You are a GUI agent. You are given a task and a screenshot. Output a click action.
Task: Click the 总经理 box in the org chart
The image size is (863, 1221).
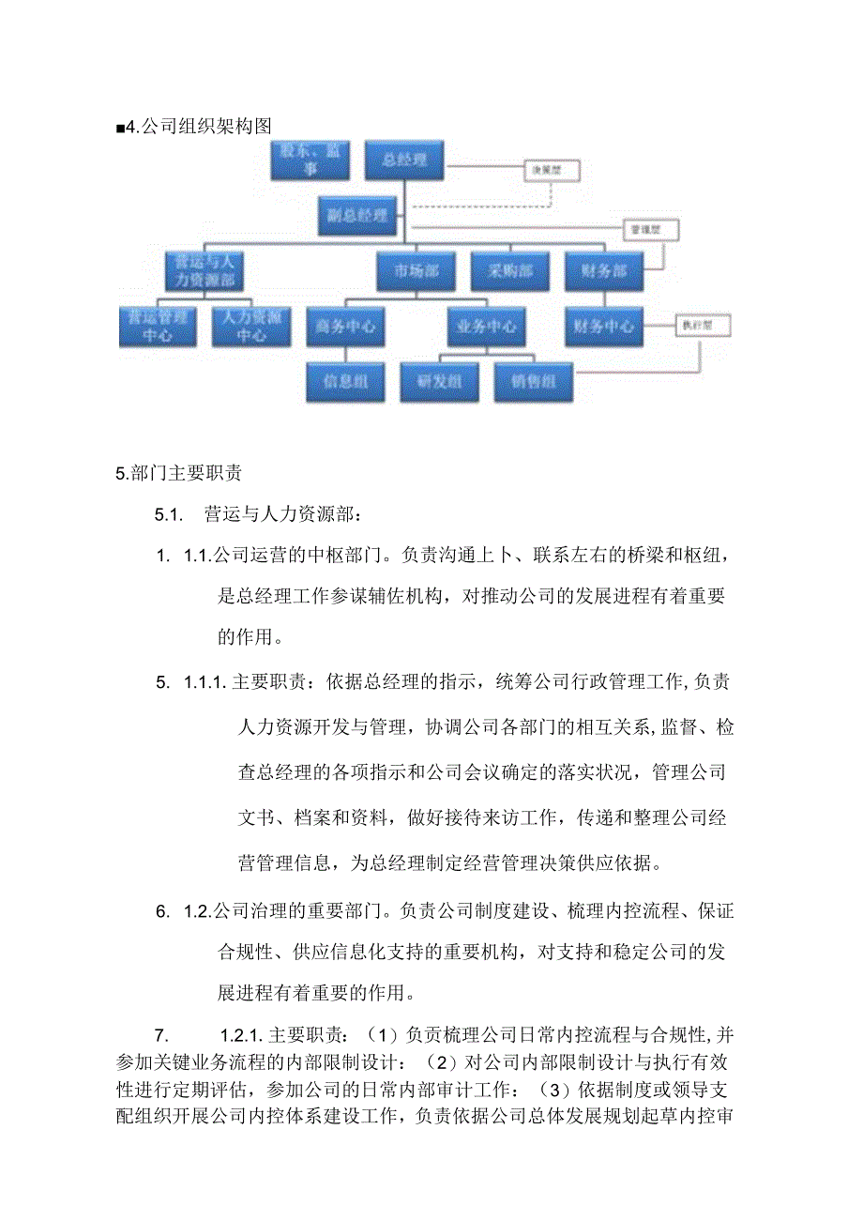(x=404, y=160)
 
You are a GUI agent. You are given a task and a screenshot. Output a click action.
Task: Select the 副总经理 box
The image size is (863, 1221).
(x=358, y=216)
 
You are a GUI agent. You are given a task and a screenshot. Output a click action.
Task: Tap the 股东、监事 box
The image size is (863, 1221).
(x=310, y=160)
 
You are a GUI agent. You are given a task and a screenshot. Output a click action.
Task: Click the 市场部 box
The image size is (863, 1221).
(x=416, y=272)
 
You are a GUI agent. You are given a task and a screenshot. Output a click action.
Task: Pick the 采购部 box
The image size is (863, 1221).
(x=509, y=272)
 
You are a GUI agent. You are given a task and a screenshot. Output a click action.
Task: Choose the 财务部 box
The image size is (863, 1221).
(x=603, y=272)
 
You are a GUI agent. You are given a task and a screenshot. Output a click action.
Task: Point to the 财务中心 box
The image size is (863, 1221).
(x=603, y=327)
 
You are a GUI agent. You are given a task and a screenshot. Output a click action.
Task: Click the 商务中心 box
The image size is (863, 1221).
(x=345, y=327)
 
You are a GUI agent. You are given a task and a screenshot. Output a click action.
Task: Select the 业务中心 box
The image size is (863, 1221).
(x=486, y=327)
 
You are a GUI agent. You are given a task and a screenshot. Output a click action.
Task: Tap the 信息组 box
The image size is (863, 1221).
(x=345, y=382)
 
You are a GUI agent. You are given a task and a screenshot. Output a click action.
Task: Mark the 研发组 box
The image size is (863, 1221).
(x=439, y=382)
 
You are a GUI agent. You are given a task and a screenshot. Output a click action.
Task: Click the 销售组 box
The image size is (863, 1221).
(x=533, y=382)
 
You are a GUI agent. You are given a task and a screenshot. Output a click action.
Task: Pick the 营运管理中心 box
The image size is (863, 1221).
(x=158, y=327)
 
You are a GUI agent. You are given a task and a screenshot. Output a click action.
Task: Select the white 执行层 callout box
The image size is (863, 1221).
(x=703, y=326)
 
